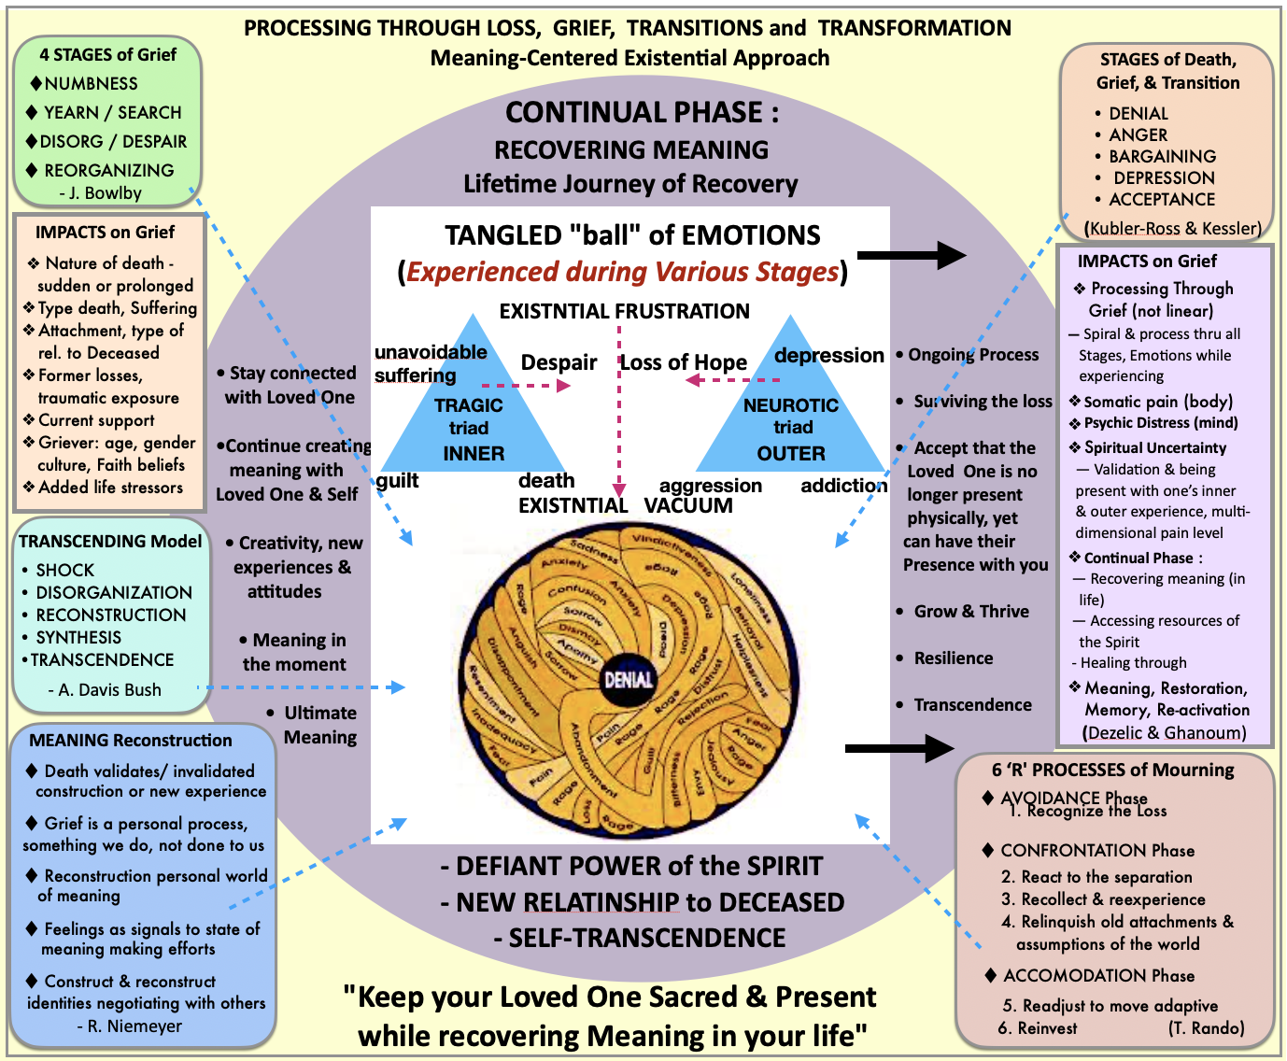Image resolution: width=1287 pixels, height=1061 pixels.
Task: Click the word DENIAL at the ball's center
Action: [x=628, y=679]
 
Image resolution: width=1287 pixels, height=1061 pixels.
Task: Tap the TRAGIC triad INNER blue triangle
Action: [x=473, y=420]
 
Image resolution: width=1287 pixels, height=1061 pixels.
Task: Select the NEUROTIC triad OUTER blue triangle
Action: [x=791, y=420]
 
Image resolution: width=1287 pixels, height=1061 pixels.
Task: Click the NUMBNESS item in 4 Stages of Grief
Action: [x=91, y=84]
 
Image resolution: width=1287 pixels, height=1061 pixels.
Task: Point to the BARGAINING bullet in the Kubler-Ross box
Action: [x=1162, y=156]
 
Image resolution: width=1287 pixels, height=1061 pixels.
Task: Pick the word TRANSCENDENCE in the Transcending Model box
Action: [x=102, y=659]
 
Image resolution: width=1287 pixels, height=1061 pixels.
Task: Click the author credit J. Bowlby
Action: [x=106, y=193]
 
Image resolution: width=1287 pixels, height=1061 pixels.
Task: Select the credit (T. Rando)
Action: [x=1206, y=1028]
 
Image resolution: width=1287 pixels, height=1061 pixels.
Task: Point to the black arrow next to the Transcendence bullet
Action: [x=898, y=747]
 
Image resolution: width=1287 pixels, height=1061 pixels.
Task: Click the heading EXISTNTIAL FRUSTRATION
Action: [x=624, y=311]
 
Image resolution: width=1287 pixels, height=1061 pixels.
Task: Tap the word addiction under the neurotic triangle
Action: [x=843, y=485]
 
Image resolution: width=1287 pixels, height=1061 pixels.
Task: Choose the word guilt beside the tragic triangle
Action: [x=397, y=480]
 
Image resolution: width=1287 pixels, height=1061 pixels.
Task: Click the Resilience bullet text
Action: [x=953, y=658]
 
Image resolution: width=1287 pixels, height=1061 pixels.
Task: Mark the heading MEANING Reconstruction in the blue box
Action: [x=131, y=741]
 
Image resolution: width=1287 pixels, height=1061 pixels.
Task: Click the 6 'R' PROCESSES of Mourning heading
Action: [x=1112, y=770]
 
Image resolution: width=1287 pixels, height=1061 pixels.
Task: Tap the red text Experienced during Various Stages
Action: [x=622, y=272]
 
